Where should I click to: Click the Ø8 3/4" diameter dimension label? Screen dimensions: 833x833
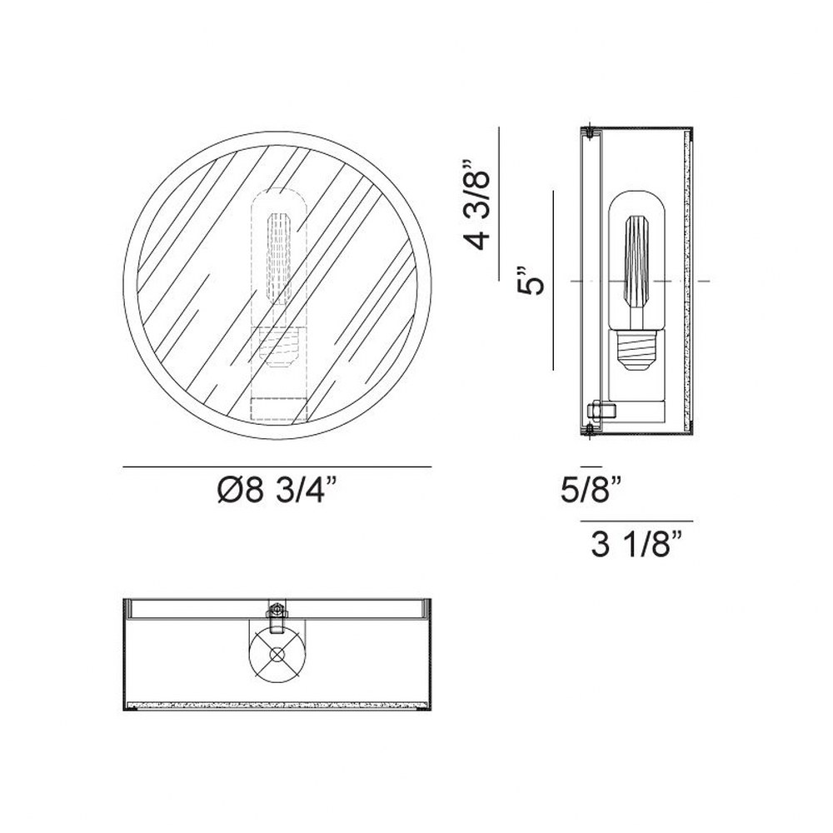(x=277, y=490)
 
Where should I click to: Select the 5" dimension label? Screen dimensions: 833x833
(x=531, y=279)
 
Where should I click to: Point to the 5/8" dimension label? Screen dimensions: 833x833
(x=591, y=489)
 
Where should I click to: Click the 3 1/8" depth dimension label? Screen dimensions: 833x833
(x=636, y=545)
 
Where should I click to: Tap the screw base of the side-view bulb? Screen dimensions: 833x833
(x=637, y=351)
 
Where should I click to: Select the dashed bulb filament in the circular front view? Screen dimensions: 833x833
(x=279, y=259)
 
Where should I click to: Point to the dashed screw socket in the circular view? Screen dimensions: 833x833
(x=278, y=347)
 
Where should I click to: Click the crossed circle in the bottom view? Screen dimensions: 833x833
(x=277, y=654)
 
